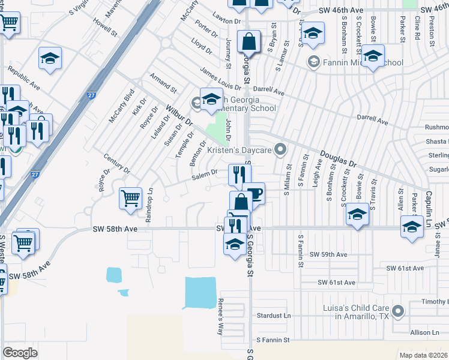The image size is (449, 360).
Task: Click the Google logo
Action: tap(20, 352)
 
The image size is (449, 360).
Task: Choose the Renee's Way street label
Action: tap(221, 316)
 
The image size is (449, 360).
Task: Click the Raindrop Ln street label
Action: tap(151, 205)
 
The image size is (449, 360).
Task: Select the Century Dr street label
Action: tap(116, 163)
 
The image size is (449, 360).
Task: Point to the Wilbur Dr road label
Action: tap(179, 113)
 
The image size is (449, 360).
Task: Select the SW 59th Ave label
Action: tap(328, 254)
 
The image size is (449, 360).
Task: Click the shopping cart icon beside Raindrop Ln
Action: tap(130, 197)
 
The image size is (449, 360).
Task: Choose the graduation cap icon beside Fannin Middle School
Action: tap(373, 57)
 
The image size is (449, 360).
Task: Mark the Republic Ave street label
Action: tap(23, 83)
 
